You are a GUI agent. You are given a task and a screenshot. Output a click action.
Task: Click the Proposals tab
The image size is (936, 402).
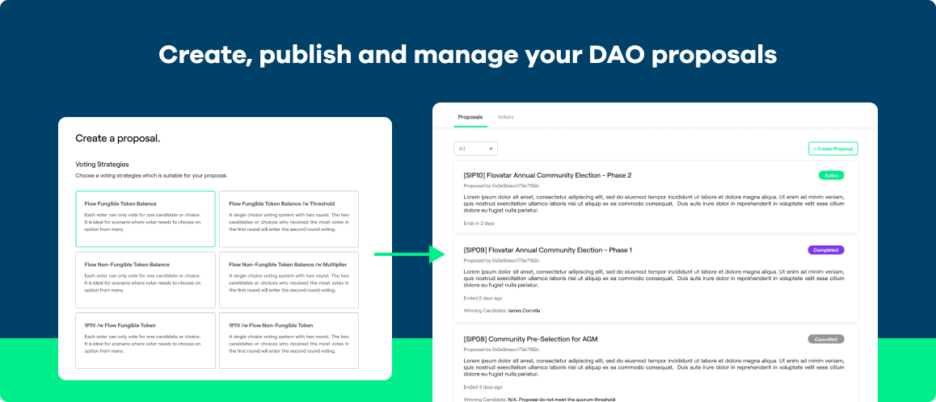[x=470, y=117]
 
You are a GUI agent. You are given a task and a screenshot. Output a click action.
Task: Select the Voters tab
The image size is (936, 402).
[x=505, y=117]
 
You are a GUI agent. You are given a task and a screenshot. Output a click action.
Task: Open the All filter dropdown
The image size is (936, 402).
[x=476, y=149]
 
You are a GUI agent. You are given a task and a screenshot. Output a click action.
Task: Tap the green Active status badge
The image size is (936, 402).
[x=831, y=175]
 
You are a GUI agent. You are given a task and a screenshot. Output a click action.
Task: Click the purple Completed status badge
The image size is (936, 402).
[x=825, y=250]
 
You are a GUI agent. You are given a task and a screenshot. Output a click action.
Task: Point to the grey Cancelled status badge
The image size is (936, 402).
[x=825, y=339]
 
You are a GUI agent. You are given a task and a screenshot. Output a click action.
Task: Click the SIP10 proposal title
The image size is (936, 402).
[x=547, y=175]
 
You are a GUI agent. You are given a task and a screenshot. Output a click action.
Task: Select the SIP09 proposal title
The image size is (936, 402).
[x=548, y=250]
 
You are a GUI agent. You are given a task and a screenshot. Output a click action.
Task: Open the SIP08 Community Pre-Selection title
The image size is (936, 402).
[x=530, y=339]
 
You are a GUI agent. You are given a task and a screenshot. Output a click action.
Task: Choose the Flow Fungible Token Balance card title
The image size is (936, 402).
[x=120, y=203]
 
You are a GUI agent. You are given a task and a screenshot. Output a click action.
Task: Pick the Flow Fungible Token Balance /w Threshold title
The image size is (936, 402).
[x=281, y=203]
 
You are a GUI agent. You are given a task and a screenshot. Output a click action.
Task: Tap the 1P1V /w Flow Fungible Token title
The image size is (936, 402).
[x=119, y=325]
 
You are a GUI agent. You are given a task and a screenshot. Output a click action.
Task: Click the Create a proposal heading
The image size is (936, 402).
[x=117, y=139]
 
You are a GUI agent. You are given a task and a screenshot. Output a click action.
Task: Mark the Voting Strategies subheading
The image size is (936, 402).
[x=102, y=164]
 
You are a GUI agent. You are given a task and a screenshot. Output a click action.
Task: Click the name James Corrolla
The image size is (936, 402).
[x=525, y=310]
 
